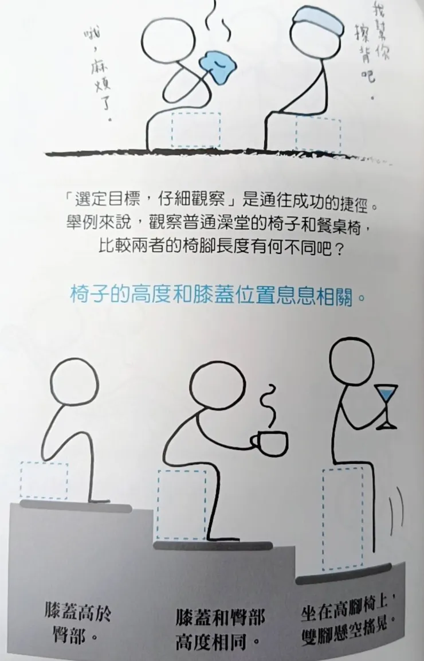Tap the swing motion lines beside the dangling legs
coord(395,509)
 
